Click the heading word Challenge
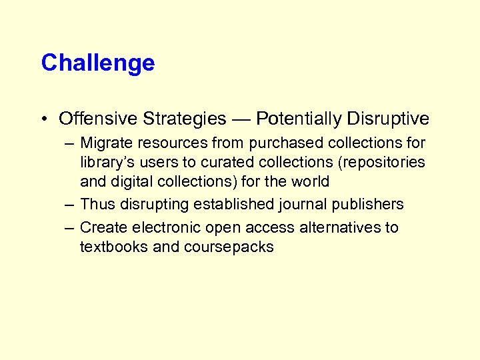pyautogui.click(x=97, y=63)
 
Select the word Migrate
pyautogui.click(x=105, y=143)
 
